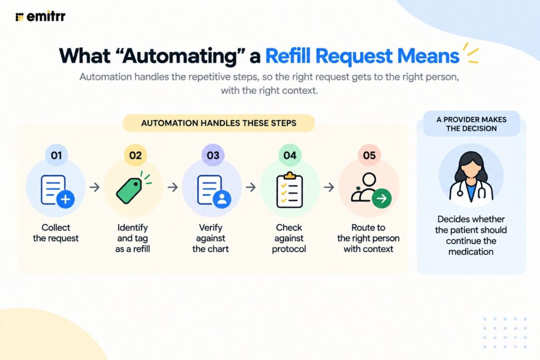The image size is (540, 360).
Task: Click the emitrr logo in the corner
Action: pyautogui.click(x=40, y=16)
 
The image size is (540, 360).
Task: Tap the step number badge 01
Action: pyautogui.click(x=56, y=155)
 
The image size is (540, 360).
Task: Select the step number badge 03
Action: pyautogui.click(x=213, y=155)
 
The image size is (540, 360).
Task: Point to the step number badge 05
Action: pyautogui.click(x=369, y=155)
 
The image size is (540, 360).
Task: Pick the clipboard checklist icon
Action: pyautogui.click(x=290, y=190)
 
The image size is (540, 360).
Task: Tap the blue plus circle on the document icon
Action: pyautogui.click(x=65, y=199)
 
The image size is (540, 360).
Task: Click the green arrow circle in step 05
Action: pyautogui.click(x=382, y=198)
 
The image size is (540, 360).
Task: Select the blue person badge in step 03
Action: pyautogui.click(x=222, y=199)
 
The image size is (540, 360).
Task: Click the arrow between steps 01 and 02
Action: pyautogui.click(x=94, y=187)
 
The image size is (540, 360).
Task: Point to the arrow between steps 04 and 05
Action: pyautogui.click(x=329, y=187)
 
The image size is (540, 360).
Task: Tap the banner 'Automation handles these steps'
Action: pyautogui.click(x=219, y=123)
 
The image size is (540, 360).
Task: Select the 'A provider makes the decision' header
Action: pyautogui.click(x=471, y=124)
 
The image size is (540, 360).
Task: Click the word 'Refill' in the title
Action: pyautogui.click(x=288, y=56)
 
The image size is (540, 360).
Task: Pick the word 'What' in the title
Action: pyautogui.click(x=85, y=56)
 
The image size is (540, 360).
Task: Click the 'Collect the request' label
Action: pyautogui.click(x=56, y=232)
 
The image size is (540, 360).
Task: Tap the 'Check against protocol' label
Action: pyautogui.click(x=289, y=238)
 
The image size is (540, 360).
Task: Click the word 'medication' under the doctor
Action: pyautogui.click(x=471, y=251)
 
